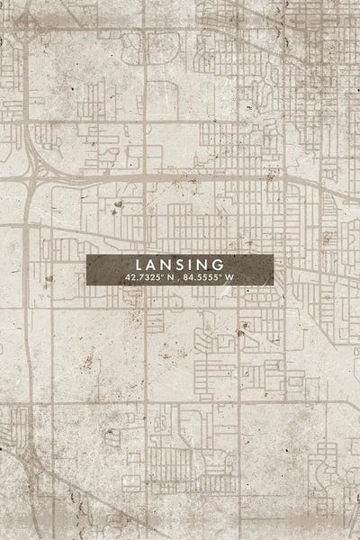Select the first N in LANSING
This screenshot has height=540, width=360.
(x=166, y=265)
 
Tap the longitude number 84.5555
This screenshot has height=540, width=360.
(x=202, y=277)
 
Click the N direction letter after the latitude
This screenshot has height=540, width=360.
(x=171, y=277)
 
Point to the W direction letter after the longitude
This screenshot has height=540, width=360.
(x=230, y=277)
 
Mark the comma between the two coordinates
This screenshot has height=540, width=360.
(x=180, y=279)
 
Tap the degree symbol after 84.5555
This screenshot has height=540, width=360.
(x=220, y=275)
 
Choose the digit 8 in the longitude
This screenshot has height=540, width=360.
(x=187, y=277)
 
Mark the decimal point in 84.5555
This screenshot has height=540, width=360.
(x=197, y=279)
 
